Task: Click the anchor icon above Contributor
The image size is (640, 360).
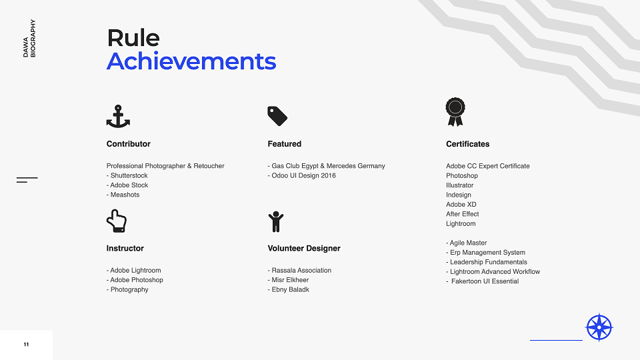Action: point(118,116)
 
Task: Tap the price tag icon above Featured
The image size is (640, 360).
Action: point(277,116)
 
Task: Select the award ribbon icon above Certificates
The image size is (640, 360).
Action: point(455,112)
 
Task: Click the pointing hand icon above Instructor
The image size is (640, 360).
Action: point(117,221)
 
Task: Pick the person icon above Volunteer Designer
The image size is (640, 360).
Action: point(276,221)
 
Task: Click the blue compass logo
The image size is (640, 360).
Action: point(599,327)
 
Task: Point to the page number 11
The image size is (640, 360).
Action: point(26,345)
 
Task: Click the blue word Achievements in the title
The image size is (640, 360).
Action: point(191,61)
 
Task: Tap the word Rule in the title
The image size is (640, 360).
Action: point(133,38)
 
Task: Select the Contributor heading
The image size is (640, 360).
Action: point(129,144)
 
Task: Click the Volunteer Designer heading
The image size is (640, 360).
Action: point(304,249)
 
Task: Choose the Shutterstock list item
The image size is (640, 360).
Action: point(127,175)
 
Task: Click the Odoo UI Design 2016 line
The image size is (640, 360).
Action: point(301,175)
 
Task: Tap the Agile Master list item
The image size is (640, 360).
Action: point(467,243)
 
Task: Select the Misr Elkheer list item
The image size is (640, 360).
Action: point(288,280)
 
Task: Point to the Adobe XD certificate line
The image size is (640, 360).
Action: point(461,205)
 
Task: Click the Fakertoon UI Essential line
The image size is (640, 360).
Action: point(483,281)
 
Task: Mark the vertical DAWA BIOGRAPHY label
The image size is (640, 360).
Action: point(29,39)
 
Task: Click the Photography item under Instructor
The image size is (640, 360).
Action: point(127,290)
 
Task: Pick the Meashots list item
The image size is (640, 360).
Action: point(123,195)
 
